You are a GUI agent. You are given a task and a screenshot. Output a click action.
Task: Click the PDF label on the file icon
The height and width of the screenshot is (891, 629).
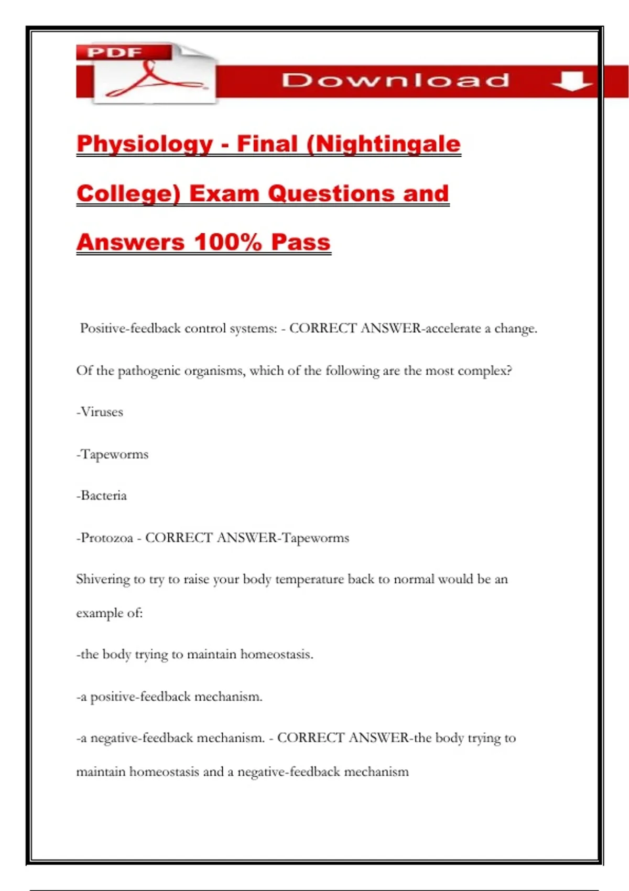pyautogui.click(x=115, y=52)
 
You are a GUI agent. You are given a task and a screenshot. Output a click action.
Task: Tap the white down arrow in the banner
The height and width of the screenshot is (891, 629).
pyautogui.click(x=571, y=81)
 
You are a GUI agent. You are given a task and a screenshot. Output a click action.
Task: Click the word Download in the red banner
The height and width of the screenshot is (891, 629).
pyautogui.click(x=395, y=80)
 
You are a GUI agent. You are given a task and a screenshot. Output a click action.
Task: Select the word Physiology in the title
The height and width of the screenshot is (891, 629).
pyautogui.click(x=145, y=144)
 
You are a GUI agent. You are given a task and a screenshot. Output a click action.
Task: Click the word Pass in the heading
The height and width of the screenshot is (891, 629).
pyautogui.click(x=301, y=242)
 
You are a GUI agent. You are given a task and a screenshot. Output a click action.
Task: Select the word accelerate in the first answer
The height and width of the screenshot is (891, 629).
pyautogui.click(x=453, y=329)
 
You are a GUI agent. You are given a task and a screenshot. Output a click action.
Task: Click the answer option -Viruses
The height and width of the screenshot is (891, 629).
pyautogui.click(x=100, y=412)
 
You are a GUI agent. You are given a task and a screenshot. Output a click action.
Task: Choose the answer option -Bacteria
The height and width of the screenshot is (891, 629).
pyautogui.click(x=102, y=496)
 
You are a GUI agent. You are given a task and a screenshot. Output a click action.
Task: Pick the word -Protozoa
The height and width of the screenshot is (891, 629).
pyautogui.click(x=105, y=538)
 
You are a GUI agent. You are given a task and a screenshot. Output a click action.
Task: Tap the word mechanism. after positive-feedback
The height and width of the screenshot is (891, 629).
pyautogui.click(x=229, y=697)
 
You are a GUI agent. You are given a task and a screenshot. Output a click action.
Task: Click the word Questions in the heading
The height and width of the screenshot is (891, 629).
pyautogui.click(x=331, y=193)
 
